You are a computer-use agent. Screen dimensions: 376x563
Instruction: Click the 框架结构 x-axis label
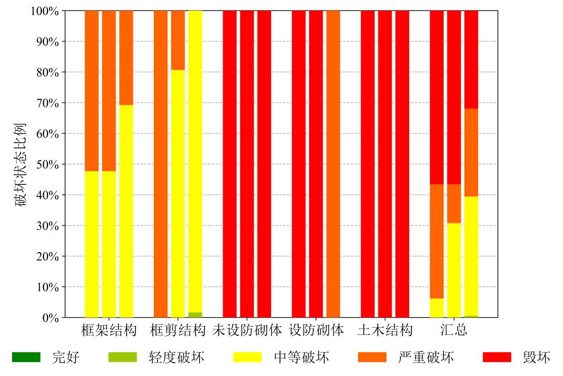click(x=109, y=330)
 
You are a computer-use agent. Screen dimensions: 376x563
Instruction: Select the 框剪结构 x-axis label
click(x=178, y=330)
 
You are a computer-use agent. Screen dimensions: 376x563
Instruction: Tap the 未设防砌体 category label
click(x=247, y=330)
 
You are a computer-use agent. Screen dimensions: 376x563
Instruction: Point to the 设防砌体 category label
click(x=316, y=330)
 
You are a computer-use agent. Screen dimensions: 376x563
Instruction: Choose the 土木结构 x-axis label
click(x=385, y=330)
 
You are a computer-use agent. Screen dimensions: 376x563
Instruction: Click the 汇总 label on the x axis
click(x=454, y=330)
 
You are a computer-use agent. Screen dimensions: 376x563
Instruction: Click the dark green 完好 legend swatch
click(x=26, y=357)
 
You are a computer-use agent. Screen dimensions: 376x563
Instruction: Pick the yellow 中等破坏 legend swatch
click(x=248, y=357)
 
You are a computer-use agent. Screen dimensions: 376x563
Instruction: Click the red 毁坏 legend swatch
click(x=497, y=357)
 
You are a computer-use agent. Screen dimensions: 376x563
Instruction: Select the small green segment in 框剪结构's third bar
click(x=195, y=315)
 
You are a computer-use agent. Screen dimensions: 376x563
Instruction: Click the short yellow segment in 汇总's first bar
click(x=437, y=308)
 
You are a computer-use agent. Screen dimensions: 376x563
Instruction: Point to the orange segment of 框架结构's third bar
click(x=126, y=58)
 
